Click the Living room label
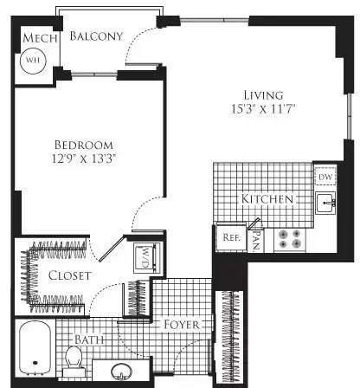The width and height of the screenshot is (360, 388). pyautogui.click(x=262, y=95)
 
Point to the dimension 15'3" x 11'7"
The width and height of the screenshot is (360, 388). pyautogui.click(x=262, y=111)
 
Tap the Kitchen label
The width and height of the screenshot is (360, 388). pyautogui.click(x=267, y=200)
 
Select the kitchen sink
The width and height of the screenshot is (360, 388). pyautogui.click(x=325, y=204)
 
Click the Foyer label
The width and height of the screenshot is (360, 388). pyautogui.click(x=182, y=326)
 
